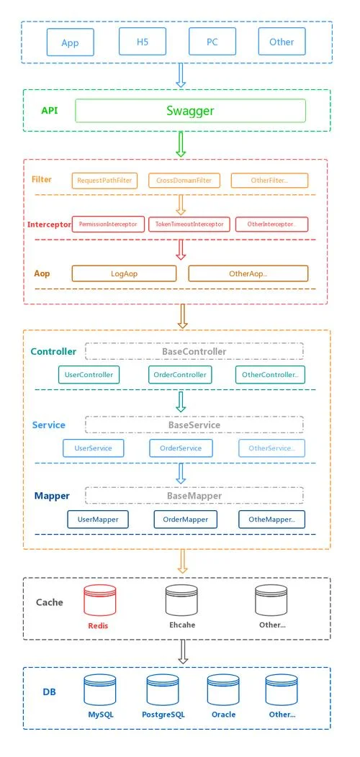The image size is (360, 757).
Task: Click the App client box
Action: click(70, 42)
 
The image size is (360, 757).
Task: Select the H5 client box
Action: click(143, 42)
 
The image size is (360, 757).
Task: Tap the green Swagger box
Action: click(190, 111)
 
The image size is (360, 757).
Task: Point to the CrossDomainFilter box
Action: click(184, 181)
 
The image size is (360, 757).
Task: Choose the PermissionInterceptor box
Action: click(108, 224)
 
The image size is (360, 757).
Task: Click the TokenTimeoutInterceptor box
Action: click(189, 224)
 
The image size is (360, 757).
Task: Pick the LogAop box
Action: click(124, 273)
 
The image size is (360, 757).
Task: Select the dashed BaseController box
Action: click(194, 351)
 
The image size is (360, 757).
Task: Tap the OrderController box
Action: click(180, 375)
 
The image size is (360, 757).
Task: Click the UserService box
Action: click(94, 448)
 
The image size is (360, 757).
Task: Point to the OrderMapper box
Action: click(186, 520)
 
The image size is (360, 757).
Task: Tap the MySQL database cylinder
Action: click(100, 689)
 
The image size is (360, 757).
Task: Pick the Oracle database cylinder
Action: click(223, 689)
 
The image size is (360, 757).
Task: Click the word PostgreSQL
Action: click(163, 715)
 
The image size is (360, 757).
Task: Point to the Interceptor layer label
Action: click(49, 225)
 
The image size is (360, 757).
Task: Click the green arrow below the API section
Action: click(181, 145)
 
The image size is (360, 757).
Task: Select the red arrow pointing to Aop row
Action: click(181, 250)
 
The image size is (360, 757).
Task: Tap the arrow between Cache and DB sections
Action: click(183, 652)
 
